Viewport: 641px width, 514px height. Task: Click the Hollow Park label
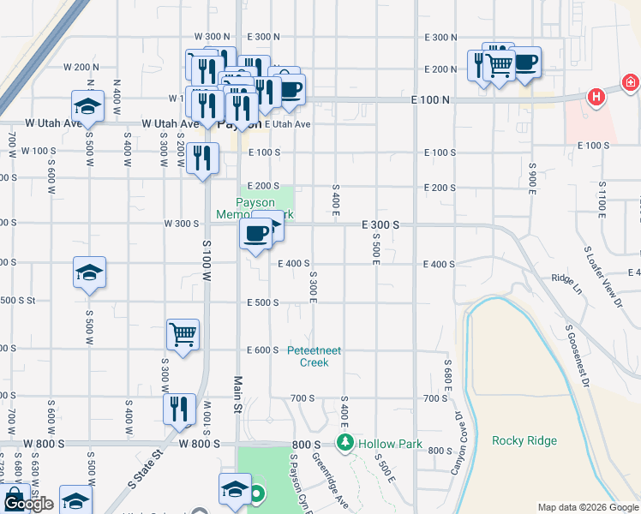click(391, 444)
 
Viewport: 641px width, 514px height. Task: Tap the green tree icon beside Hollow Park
click(344, 443)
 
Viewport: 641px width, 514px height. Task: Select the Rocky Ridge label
click(524, 441)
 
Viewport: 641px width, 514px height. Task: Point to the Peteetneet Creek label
click(314, 356)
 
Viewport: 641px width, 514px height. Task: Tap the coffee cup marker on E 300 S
click(256, 236)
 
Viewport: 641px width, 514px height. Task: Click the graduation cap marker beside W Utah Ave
click(88, 106)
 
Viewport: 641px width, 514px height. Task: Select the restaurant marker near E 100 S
click(203, 158)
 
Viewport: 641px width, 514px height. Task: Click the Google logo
click(28, 505)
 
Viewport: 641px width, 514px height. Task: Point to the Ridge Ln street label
click(566, 279)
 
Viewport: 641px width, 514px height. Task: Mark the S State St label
click(144, 468)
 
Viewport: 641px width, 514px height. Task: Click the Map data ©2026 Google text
click(588, 506)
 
